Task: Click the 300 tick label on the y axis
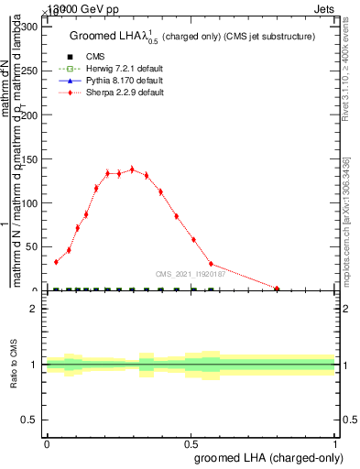click(x=28, y=27)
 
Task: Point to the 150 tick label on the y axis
click(x=28, y=158)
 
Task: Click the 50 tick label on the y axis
click(x=31, y=246)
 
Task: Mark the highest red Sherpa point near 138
click(x=132, y=169)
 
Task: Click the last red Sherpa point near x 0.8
click(x=277, y=289)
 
